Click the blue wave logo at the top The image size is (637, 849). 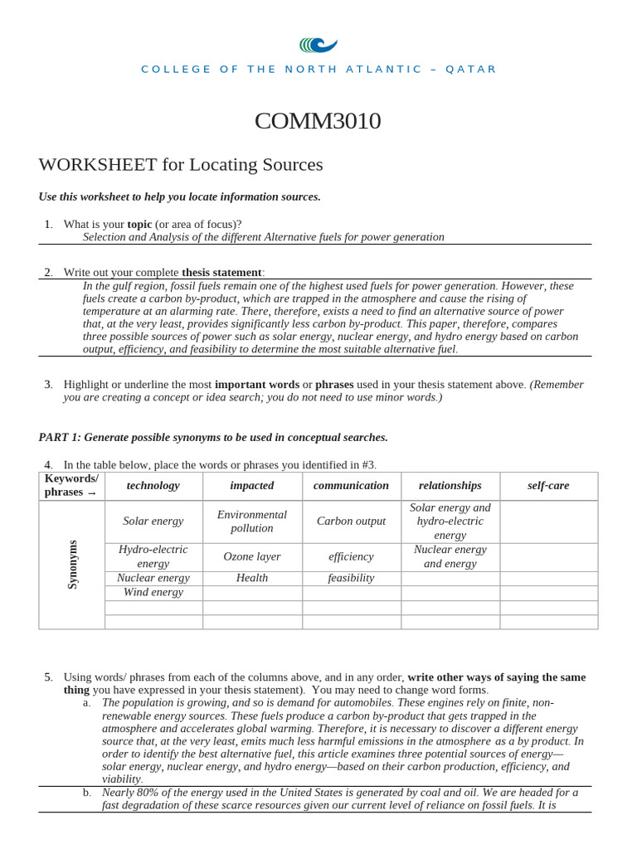pyautogui.click(x=318, y=45)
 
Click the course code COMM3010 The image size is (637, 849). pyautogui.click(x=318, y=121)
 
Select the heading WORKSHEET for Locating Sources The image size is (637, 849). pyautogui.click(x=181, y=164)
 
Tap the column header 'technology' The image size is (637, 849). pyautogui.click(x=153, y=486)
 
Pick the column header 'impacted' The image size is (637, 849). pyautogui.click(x=252, y=486)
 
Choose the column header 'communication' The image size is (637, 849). pyautogui.click(x=351, y=486)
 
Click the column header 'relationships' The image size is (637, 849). pyautogui.click(x=450, y=486)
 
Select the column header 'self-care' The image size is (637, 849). pyautogui.click(x=548, y=486)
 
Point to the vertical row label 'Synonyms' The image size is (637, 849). pyautogui.click(x=72, y=565)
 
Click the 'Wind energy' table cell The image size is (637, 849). pyautogui.click(x=153, y=593)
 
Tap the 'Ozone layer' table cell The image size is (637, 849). pyautogui.click(x=252, y=557)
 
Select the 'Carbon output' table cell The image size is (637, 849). pyautogui.click(x=351, y=522)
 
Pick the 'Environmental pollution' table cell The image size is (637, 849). pyautogui.click(x=252, y=522)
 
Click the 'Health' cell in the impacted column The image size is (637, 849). pyautogui.click(x=252, y=578)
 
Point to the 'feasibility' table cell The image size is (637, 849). pyautogui.click(x=351, y=578)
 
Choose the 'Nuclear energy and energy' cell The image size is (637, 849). pyautogui.click(x=450, y=556)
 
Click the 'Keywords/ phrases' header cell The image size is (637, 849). pyautogui.click(x=71, y=485)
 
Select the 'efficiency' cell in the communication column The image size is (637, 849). pyautogui.click(x=351, y=557)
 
